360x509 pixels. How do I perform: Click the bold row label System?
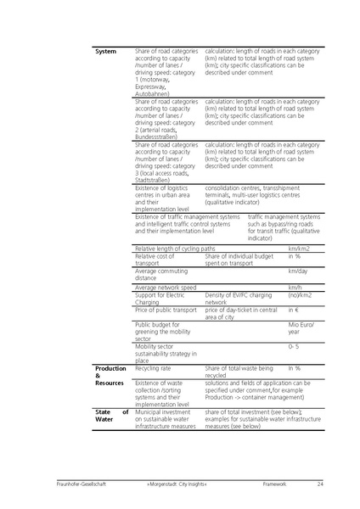pos(105,51)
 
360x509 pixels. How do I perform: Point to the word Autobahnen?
pos(154,93)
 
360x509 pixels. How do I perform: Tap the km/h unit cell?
pos(295,288)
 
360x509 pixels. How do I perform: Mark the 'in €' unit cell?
pos(294,310)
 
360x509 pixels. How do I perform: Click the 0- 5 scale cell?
pos(293,347)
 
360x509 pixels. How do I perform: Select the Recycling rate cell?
pos(154,368)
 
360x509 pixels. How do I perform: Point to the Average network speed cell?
pos(166,288)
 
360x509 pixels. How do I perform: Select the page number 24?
pos(320,484)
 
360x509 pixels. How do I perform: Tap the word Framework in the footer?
pos(276,484)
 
